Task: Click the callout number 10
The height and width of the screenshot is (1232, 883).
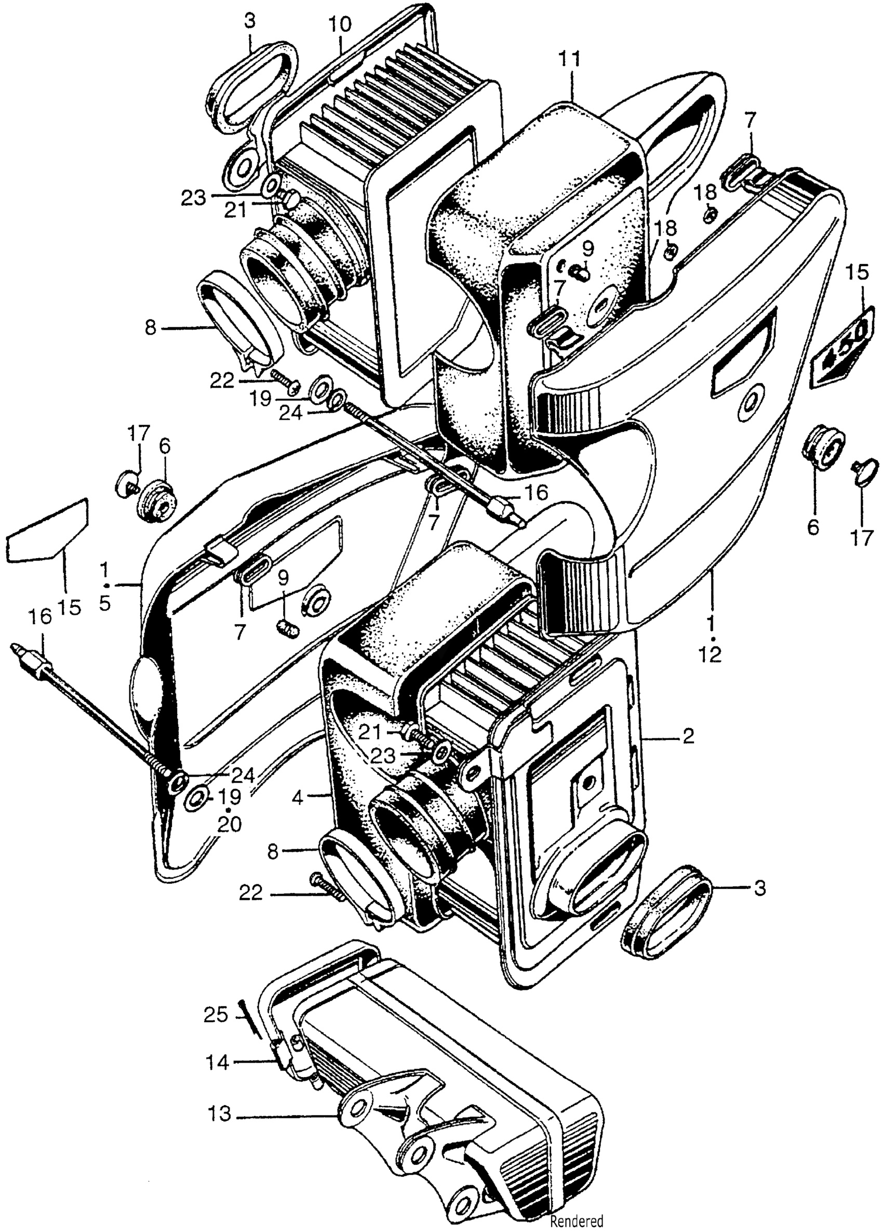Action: click(x=340, y=25)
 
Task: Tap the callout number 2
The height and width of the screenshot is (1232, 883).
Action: click(x=688, y=737)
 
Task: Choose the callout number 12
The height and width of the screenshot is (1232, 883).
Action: click(x=711, y=656)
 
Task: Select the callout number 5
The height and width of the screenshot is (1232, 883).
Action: click(x=105, y=603)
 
